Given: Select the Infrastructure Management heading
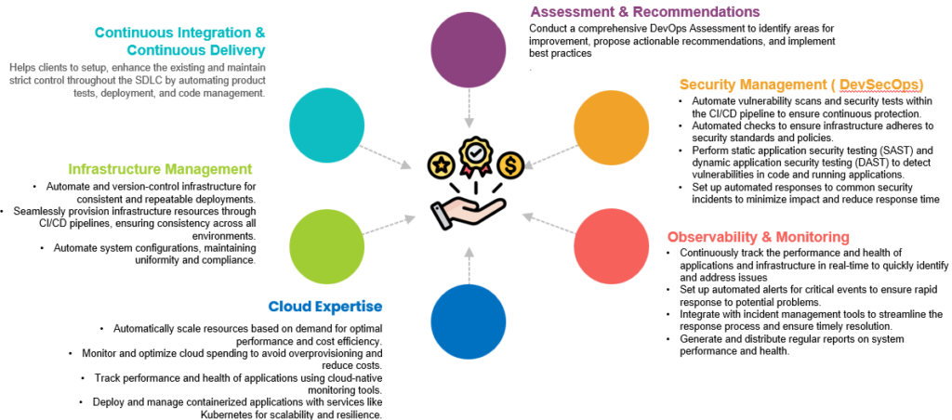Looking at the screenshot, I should (x=160, y=169).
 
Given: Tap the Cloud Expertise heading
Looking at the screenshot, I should (x=325, y=306).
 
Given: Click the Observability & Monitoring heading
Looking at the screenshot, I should (x=758, y=237).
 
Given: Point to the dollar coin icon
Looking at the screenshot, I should (x=509, y=165).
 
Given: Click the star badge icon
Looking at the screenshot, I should (x=439, y=165).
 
